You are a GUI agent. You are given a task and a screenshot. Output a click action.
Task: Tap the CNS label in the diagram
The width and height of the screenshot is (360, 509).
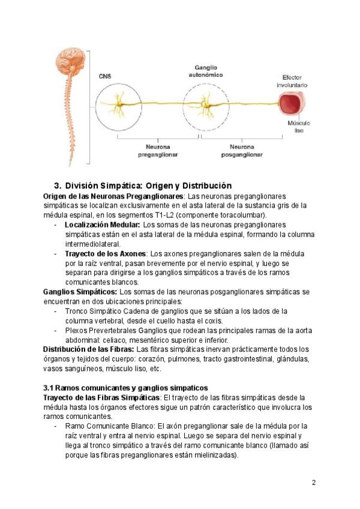pyautogui.click(x=105, y=76)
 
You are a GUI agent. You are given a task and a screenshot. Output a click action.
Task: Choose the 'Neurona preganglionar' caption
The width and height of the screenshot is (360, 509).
pyautogui.click(x=157, y=150)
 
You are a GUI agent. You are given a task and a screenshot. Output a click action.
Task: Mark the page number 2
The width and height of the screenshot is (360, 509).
pyautogui.click(x=314, y=483)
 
